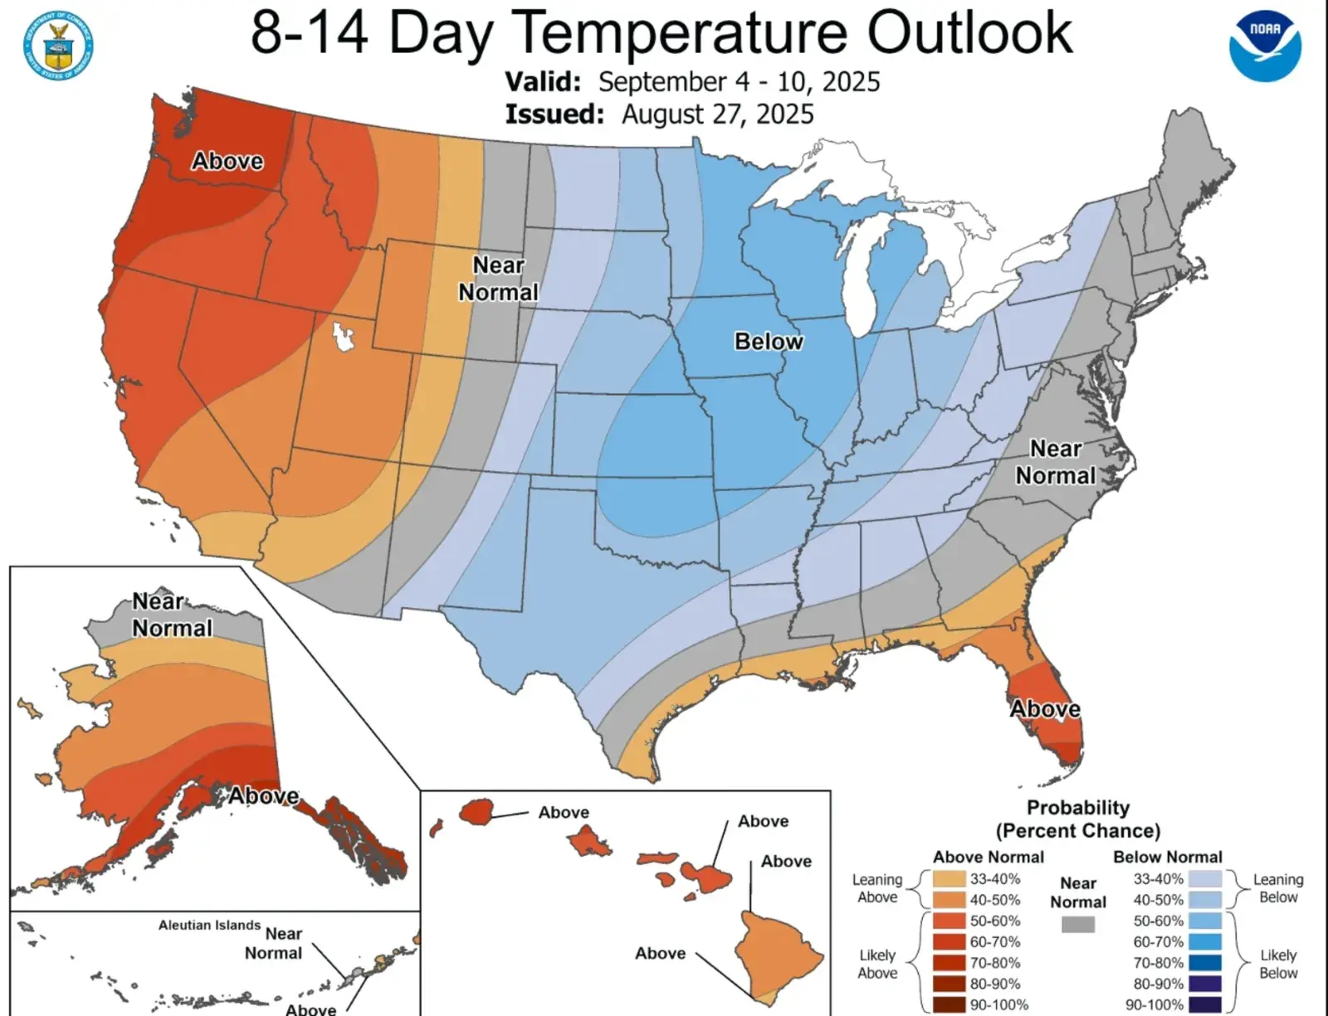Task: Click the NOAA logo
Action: coord(1265,45)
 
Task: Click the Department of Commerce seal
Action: coord(58,46)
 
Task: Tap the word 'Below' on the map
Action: coord(769,342)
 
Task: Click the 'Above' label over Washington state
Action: coord(227,161)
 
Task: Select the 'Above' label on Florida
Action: coord(1045,709)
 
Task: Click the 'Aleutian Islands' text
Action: coord(209,925)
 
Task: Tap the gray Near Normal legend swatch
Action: coord(1077,924)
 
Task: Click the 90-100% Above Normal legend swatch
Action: coord(949,1004)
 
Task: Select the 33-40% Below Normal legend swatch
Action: coord(1204,879)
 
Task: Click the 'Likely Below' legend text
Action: coord(1277,964)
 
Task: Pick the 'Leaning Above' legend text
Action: coord(877,888)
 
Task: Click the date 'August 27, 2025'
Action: coord(718,114)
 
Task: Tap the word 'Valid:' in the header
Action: coord(544,82)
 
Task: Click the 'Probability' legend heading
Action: coord(1077,808)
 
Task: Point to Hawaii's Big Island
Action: coord(780,954)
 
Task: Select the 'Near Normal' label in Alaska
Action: coord(173,615)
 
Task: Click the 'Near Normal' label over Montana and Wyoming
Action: coord(498,279)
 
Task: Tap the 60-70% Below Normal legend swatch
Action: coord(1204,942)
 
